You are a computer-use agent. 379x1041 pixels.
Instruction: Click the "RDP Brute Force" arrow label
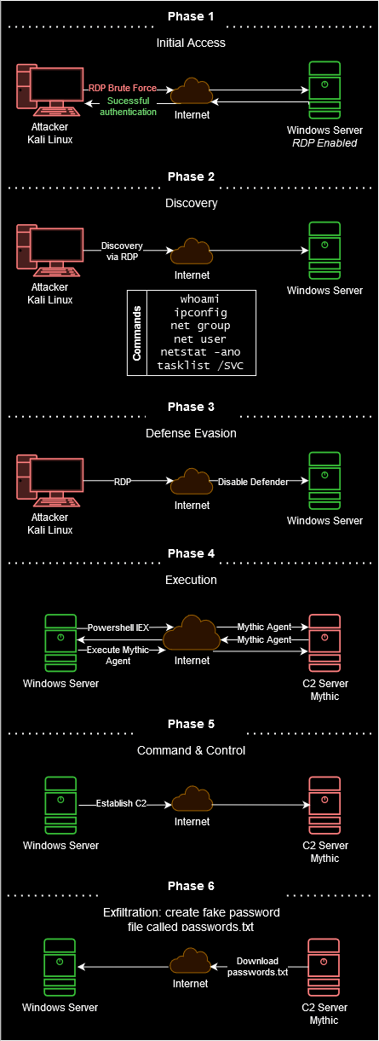(x=123, y=88)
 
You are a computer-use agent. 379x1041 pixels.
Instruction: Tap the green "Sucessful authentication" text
(x=129, y=107)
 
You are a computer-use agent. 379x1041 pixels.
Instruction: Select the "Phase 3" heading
(x=191, y=407)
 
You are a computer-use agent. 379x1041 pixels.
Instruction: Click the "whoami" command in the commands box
(x=199, y=298)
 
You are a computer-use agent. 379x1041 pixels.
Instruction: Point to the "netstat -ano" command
(x=200, y=352)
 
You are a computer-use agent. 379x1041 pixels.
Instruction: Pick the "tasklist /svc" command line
(x=200, y=365)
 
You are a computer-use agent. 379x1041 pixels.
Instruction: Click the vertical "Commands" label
(x=136, y=333)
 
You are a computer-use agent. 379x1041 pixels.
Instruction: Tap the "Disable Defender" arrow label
(x=253, y=482)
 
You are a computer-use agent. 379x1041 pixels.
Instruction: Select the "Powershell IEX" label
(x=118, y=627)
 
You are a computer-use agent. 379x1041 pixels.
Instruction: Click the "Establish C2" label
(x=121, y=803)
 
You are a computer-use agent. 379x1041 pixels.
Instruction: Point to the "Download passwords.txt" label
(x=258, y=967)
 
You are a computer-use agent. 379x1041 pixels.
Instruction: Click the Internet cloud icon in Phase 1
(x=192, y=90)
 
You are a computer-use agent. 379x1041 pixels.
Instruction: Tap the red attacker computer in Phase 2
(x=49, y=251)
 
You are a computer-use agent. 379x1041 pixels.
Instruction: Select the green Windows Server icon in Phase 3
(x=324, y=481)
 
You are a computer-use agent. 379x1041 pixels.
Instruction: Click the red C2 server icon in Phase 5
(x=324, y=806)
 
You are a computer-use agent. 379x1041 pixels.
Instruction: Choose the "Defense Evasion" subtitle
(x=191, y=433)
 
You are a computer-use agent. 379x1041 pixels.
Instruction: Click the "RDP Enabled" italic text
(x=324, y=143)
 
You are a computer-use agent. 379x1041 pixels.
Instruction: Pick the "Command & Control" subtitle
(x=191, y=750)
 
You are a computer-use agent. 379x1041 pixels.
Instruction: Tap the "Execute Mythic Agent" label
(x=118, y=656)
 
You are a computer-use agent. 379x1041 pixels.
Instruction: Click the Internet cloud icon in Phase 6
(x=191, y=961)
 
